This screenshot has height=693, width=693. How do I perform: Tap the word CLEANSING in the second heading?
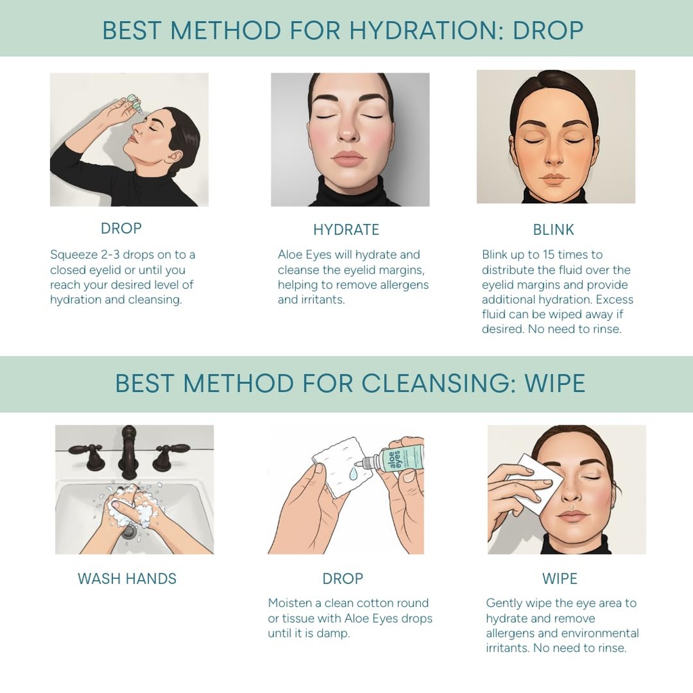(x=433, y=384)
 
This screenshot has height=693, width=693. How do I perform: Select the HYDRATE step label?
(x=346, y=230)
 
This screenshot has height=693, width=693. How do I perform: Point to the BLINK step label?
(x=553, y=230)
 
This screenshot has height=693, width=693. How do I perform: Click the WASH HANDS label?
(x=127, y=579)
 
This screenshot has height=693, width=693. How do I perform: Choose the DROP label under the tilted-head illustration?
(x=121, y=229)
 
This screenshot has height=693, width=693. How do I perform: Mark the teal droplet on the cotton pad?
(x=353, y=475)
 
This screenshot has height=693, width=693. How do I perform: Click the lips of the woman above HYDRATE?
(x=349, y=159)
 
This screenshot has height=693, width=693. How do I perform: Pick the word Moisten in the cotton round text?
(x=290, y=603)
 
